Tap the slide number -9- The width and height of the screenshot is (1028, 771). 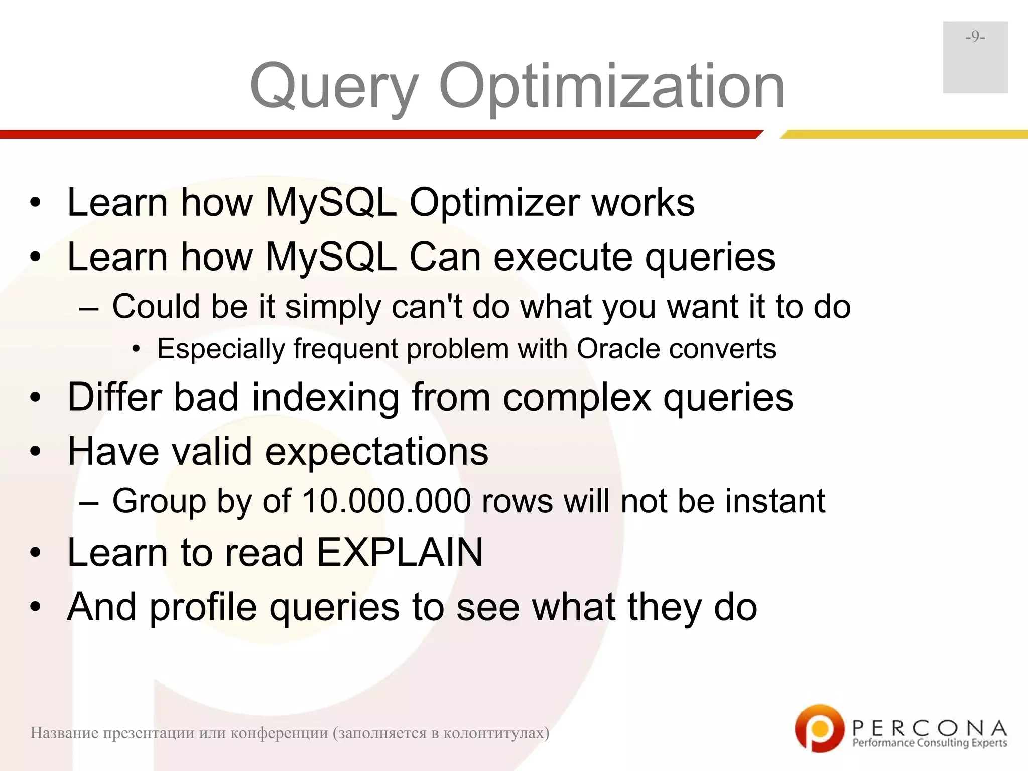[x=975, y=37]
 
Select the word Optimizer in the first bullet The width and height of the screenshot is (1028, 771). [x=494, y=203]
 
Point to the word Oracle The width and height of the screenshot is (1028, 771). [x=618, y=348]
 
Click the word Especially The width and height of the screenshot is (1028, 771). [x=221, y=348]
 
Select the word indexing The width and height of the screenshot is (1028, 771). [x=325, y=397]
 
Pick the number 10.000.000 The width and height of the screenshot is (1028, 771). [x=387, y=501]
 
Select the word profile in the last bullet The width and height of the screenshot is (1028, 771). [x=203, y=607]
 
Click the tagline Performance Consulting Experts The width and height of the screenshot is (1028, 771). [x=930, y=743]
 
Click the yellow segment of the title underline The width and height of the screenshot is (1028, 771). [x=904, y=134]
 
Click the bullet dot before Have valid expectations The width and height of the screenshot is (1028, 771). [x=35, y=451]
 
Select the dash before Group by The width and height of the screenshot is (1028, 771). [x=89, y=501]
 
